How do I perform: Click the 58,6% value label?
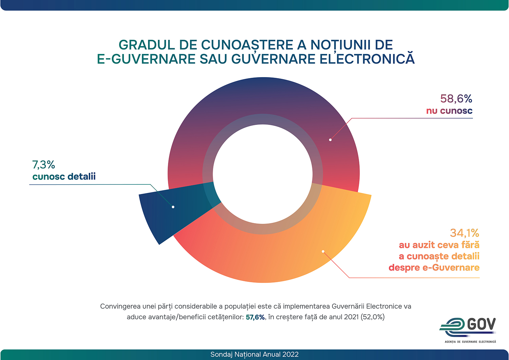tap(456, 99)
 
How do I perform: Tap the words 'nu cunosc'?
tap(449, 111)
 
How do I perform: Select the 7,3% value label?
tap(43, 165)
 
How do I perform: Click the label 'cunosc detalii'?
tap(64, 177)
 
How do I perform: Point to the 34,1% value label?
tap(464, 233)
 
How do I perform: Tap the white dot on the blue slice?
tap(173, 207)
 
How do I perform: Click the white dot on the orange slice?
tap(323, 252)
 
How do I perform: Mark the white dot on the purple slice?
tap(330, 140)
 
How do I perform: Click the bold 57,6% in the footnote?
tap(255, 317)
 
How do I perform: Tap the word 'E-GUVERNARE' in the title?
tap(146, 59)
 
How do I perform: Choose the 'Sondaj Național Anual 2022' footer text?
tap(254, 355)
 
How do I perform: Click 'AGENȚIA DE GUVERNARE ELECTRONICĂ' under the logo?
tap(470, 342)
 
